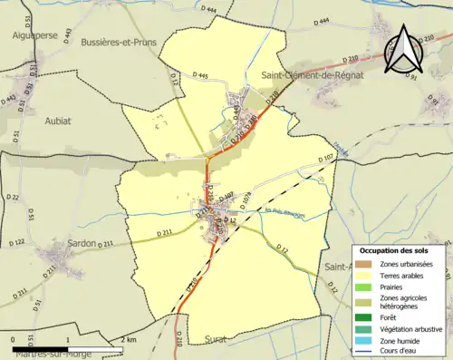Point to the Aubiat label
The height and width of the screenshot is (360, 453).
click(x=57, y=119)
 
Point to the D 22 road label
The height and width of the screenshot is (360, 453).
click(x=12, y=197)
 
